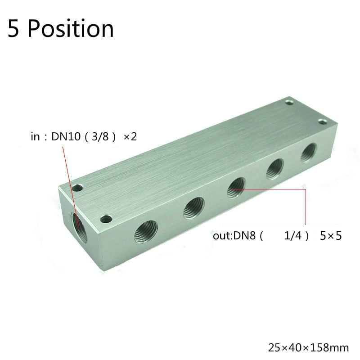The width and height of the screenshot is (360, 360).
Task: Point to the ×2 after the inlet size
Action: [130, 137]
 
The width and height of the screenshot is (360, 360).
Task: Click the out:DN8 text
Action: [234, 235]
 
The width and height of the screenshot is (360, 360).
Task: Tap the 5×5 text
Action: [330, 235]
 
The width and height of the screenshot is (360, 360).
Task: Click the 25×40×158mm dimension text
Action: [309, 347]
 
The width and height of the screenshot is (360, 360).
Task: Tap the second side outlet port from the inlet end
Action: [194, 208]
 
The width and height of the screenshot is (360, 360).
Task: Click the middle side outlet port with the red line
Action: [236, 187]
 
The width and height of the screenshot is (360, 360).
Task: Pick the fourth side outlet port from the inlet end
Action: [274, 168]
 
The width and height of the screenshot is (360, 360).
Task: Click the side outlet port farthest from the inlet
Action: [309, 153]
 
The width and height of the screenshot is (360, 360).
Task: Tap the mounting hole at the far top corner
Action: [289, 103]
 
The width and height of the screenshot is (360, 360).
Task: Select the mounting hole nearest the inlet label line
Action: [78, 188]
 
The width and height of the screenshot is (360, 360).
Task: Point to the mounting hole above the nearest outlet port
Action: [106, 219]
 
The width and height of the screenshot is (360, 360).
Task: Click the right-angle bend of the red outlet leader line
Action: [306, 189]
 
